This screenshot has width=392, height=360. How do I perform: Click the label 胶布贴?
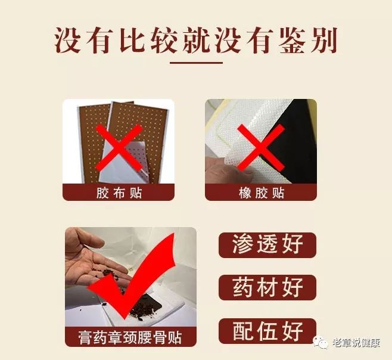[x=119, y=193]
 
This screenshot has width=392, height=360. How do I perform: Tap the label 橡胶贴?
[x=262, y=193]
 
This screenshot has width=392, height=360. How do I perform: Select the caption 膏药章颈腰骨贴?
[x=130, y=337]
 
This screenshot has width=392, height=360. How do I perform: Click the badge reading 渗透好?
[x=267, y=245]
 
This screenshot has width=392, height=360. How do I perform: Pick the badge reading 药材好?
[x=267, y=287]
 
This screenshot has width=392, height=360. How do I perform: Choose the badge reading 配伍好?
[x=267, y=331]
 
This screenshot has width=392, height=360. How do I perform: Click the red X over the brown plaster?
[x=119, y=148]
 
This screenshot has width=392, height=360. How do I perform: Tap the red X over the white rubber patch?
[x=261, y=148]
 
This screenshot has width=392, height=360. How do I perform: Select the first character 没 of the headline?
[x=67, y=41]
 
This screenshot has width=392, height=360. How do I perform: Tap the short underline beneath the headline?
[x=196, y=63]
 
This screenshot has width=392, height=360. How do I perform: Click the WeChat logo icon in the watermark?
[x=321, y=342]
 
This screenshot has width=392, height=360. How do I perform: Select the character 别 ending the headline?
[x=323, y=41]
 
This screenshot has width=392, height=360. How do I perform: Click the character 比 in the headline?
[x=132, y=41]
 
